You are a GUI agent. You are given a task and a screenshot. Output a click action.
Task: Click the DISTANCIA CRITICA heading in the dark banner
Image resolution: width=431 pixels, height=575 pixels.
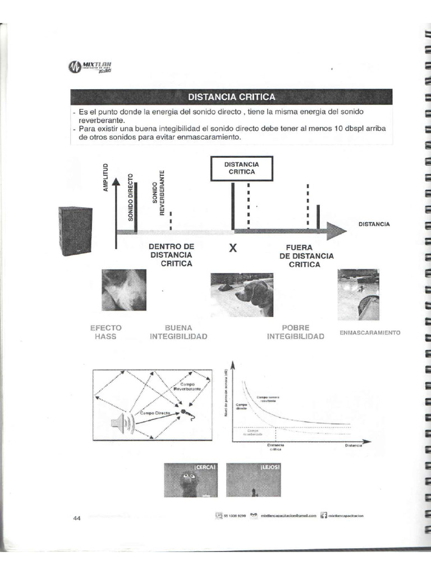click(231, 97)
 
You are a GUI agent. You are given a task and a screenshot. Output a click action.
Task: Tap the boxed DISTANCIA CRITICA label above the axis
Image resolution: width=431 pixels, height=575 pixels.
click(241, 168)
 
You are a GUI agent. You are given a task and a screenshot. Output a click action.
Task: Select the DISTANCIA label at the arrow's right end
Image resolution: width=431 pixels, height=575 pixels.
click(374, 224)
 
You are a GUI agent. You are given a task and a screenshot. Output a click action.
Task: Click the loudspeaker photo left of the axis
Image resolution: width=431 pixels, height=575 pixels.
click(75, 230)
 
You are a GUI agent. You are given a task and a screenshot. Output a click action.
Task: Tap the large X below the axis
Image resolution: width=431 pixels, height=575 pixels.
click(232, 249)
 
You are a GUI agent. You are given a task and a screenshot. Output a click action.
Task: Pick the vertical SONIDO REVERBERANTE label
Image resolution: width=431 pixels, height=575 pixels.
click(159, 193)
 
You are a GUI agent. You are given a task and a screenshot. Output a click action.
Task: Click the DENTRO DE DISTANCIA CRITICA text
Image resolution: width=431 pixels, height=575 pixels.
click(171, 255)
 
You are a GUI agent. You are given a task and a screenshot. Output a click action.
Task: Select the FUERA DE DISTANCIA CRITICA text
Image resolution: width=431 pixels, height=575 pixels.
click(306, 255)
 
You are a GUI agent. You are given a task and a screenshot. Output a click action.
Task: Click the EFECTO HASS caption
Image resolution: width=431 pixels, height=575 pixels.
click(106, 332)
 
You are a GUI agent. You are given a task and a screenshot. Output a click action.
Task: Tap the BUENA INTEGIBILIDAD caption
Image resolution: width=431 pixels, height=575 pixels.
click(178, 332)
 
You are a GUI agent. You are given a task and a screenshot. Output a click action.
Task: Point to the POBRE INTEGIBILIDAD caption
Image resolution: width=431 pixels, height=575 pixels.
click(295, 332)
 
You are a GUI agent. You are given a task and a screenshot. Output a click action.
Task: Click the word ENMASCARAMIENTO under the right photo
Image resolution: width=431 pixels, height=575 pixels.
click(369, 332)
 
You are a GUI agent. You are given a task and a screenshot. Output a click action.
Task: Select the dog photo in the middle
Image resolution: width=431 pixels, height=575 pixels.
click(241, 295)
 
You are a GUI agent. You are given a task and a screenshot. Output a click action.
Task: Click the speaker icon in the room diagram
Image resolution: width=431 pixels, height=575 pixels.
click(122, 423)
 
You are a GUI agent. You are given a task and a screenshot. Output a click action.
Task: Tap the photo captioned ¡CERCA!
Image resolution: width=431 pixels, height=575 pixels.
click(190, 480)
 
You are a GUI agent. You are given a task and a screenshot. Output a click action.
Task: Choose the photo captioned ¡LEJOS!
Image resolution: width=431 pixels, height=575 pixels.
click(253, 480)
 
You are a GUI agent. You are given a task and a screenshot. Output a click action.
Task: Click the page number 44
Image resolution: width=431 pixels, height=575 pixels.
click(77, 518)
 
